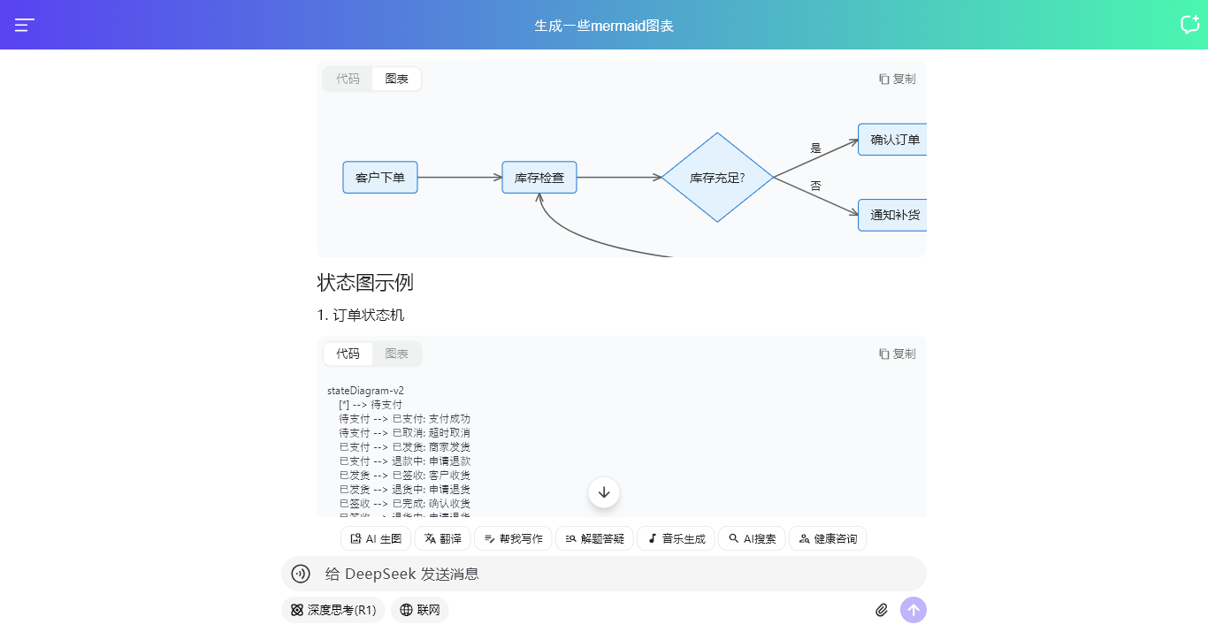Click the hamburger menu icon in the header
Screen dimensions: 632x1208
pos(25,26)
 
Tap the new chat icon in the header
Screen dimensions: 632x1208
pos(1189,25)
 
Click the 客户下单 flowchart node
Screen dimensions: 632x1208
pos(380,178)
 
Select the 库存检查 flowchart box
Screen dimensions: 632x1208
pos(539,178)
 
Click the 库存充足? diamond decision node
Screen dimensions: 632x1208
pos(717,178)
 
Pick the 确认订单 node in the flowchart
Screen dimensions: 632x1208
pos(893,140)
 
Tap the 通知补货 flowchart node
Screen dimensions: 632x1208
pos(893,215)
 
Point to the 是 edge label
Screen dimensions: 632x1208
pos(816,148)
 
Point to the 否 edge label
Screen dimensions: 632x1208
pos(816,186)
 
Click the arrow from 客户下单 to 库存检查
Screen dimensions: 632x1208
pos(460,178)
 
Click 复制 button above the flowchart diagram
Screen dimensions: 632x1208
pos(898,79)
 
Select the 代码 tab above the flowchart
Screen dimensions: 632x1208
pos(348,79)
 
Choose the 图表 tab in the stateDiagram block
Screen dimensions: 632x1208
pos(397,354)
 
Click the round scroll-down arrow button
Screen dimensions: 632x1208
pos(604,492)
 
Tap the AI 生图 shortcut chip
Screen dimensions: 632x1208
pos(376,538)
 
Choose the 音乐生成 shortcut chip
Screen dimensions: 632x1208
pos(677,538)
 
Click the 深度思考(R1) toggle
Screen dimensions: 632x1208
pos(333,610)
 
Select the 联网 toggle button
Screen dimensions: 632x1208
pos(420,610)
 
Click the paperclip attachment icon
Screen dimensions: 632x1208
pos(882,610)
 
